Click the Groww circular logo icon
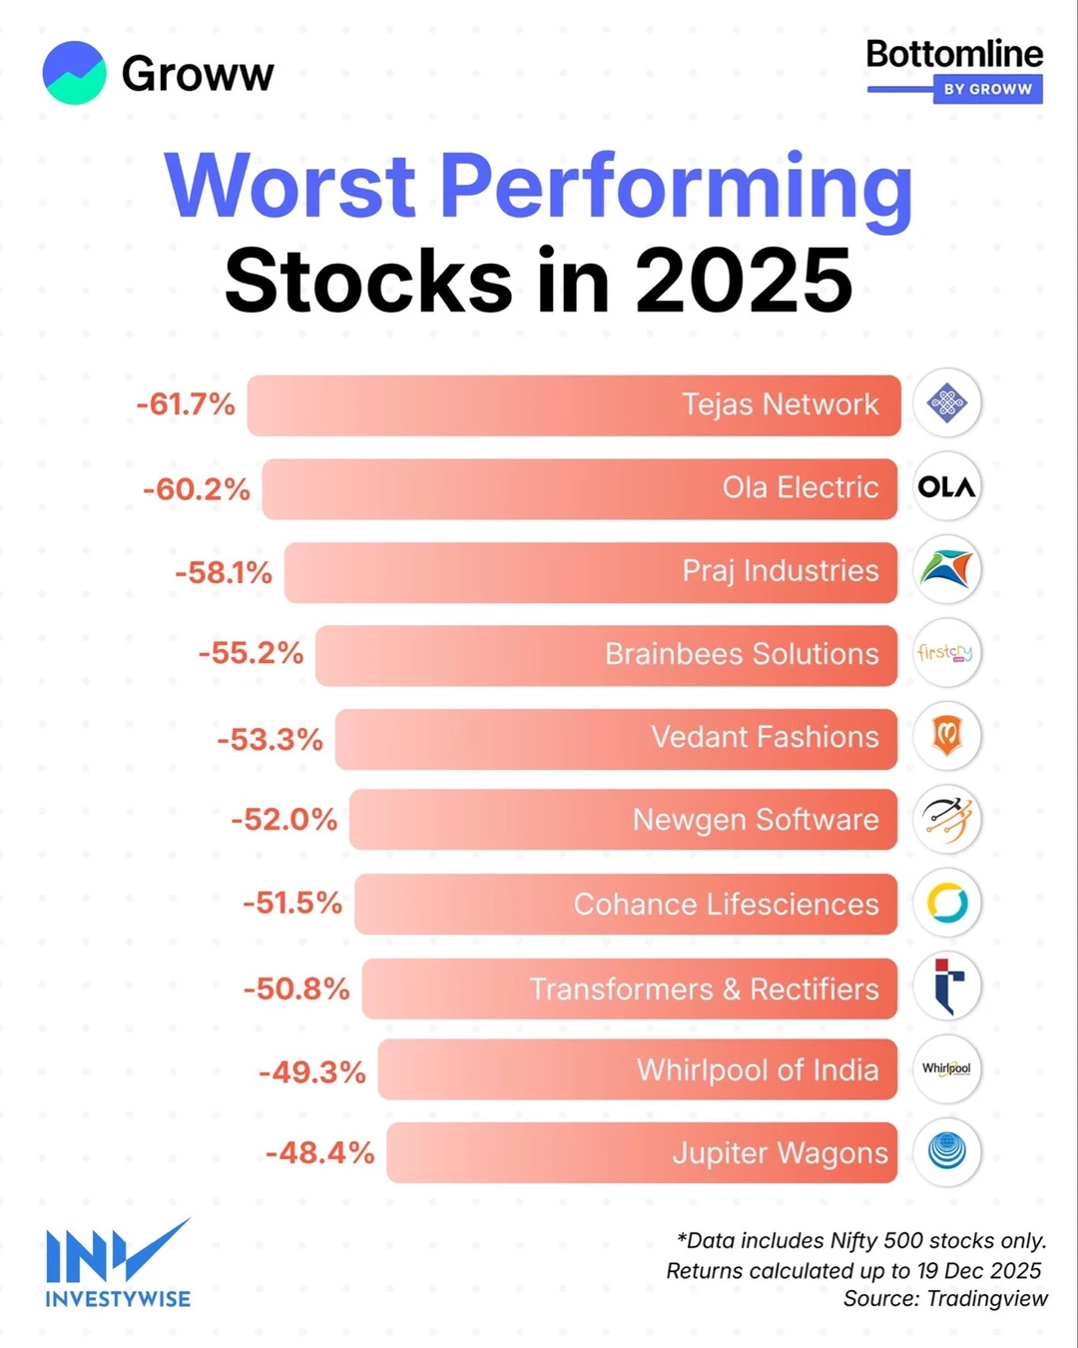74,73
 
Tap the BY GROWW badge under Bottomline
987,89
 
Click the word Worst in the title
290,186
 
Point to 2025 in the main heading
744,281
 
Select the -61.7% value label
186,404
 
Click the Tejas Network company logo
946,403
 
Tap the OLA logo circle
946,487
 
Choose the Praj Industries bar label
780,571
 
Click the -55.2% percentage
251,653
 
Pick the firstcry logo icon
946,653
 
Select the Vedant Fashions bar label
765,737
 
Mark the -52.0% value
284,820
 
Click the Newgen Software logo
946,820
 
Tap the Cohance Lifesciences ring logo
946,903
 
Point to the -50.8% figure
296,989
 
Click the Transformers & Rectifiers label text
704,989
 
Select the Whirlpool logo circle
946,1068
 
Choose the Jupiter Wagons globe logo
946,1151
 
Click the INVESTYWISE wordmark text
118,1299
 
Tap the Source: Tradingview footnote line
945,1299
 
